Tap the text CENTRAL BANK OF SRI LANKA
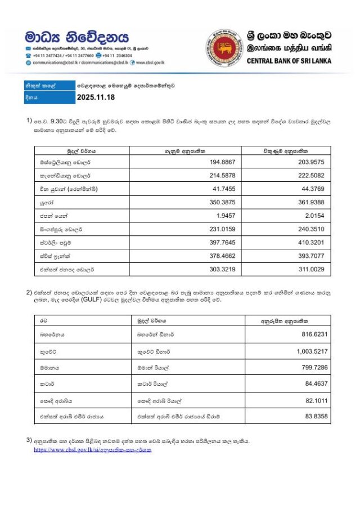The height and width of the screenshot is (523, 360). click(x=289, y=61)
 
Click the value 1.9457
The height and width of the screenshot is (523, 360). click(x=226, y=216)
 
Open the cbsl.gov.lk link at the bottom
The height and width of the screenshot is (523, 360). click(x=92, y=450)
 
